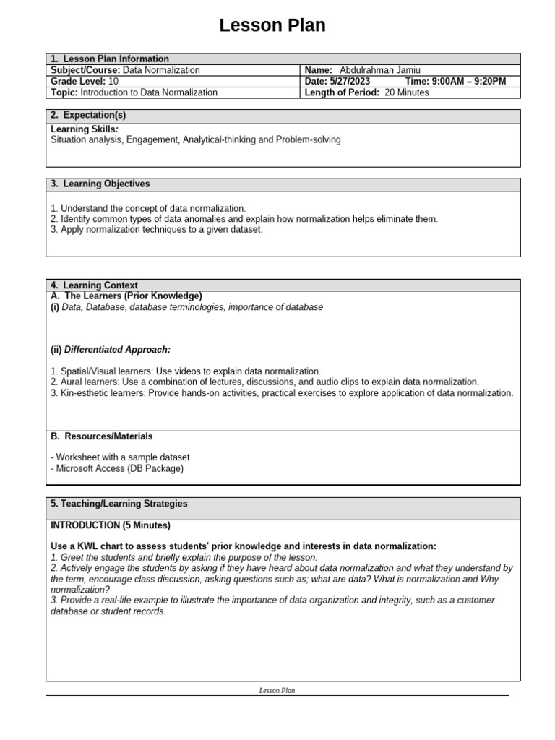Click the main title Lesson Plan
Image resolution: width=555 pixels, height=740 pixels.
click(272, 26)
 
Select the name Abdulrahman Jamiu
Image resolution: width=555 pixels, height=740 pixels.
click(379, 70)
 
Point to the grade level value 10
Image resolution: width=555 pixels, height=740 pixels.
click(113, 82)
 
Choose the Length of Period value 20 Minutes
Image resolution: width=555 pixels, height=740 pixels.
click(406, 92)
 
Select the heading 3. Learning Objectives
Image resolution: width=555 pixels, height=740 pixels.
click(100, 184)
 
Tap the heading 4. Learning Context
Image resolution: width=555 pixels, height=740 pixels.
click(94, 285)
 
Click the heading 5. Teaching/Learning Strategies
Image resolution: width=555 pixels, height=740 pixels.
click(119, 504)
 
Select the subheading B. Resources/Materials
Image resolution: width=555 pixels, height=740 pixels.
click(101, 436)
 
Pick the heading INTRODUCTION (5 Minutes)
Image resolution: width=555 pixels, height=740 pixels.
click(111, 525)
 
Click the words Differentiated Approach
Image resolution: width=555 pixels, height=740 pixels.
click(117, 350)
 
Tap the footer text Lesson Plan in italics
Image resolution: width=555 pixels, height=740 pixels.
click(277, 691)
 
